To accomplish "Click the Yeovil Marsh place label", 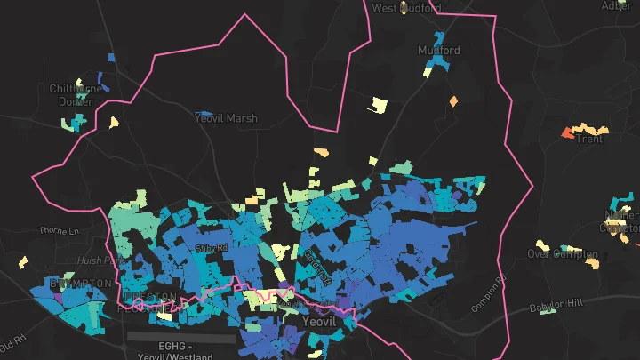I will click(x=227, y=117).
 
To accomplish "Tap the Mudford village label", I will click(x=439, y=51).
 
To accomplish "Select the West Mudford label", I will click(x=406, y=8).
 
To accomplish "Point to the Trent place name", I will click(x=589, y=139).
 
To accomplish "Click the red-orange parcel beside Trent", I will click(x=567, y=133).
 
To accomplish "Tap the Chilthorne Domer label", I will click(x=75, y=95).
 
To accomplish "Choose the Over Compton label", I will click(x=563, y=253).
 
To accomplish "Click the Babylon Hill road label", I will click(x=556, y=306).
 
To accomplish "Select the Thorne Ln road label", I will click(x=59, y=231).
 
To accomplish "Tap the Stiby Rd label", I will click(x=212, y=245).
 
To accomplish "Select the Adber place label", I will click(x=616, y=5).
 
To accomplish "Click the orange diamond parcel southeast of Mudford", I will click(x=453, y=100).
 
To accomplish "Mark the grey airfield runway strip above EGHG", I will click(x=181, y=338).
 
